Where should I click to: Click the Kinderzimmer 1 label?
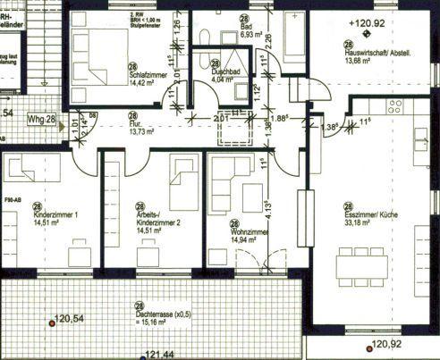point(56,217)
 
